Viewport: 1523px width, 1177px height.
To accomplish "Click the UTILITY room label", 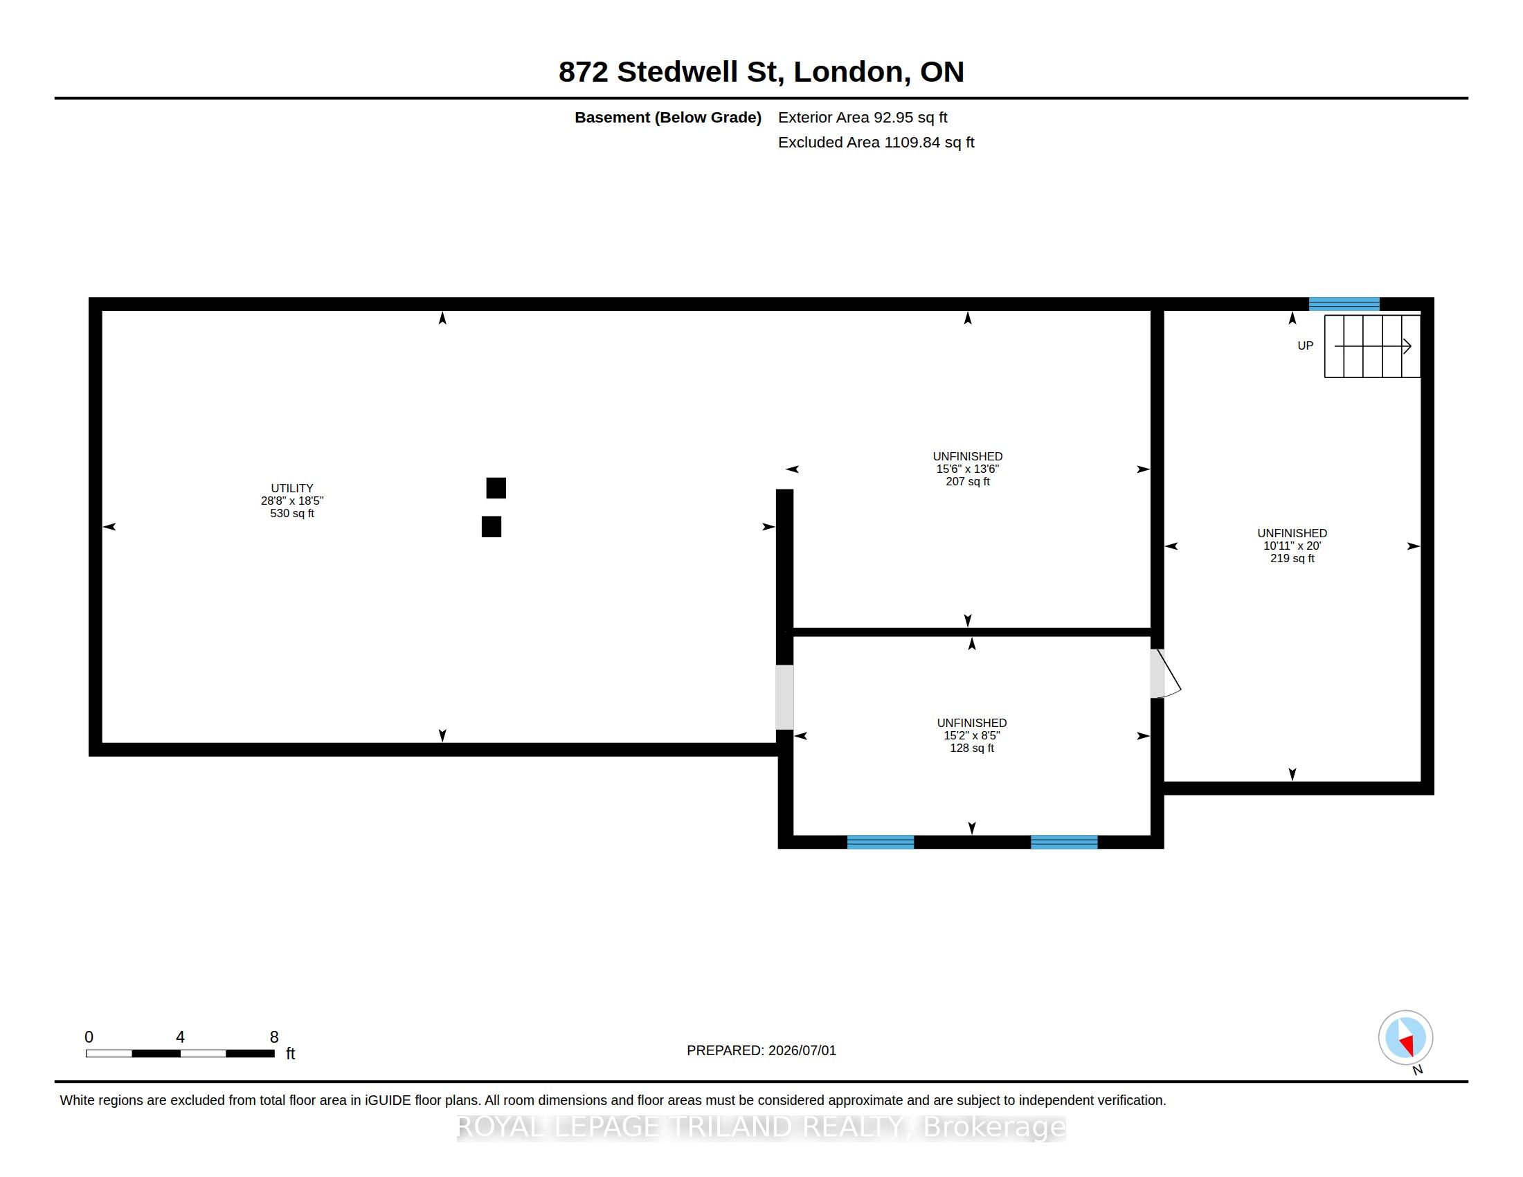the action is coord(292,488).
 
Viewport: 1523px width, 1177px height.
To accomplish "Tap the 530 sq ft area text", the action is coord(292,513).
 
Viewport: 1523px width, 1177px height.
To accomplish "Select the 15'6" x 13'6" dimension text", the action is coord(967,469).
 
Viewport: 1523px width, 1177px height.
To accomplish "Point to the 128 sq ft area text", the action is coord(971,748).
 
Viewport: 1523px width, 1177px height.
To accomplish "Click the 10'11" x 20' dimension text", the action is coord(1292,546).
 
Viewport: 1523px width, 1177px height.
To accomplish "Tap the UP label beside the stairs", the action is coord(1305,346).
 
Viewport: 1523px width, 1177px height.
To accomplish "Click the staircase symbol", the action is coord(1371,347).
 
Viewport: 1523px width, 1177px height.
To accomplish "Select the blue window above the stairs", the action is coord(1344,304).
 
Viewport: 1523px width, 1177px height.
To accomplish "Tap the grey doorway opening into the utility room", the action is coord(784,697).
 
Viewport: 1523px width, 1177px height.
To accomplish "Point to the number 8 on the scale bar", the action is coord(274,1037).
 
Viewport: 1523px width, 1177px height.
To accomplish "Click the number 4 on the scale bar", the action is coord(180,1037).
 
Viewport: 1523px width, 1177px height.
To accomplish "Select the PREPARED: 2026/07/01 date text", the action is coord(761,1050).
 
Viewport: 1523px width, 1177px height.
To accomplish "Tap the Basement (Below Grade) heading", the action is coord(667,117).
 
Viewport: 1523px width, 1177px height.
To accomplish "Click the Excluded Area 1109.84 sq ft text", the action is coord(876,142).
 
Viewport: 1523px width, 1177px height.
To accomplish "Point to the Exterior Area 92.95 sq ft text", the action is coord(863,117).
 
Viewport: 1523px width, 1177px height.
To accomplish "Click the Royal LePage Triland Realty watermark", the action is coord(761,1126).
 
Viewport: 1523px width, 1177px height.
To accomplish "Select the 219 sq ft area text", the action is coord(1292,559).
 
